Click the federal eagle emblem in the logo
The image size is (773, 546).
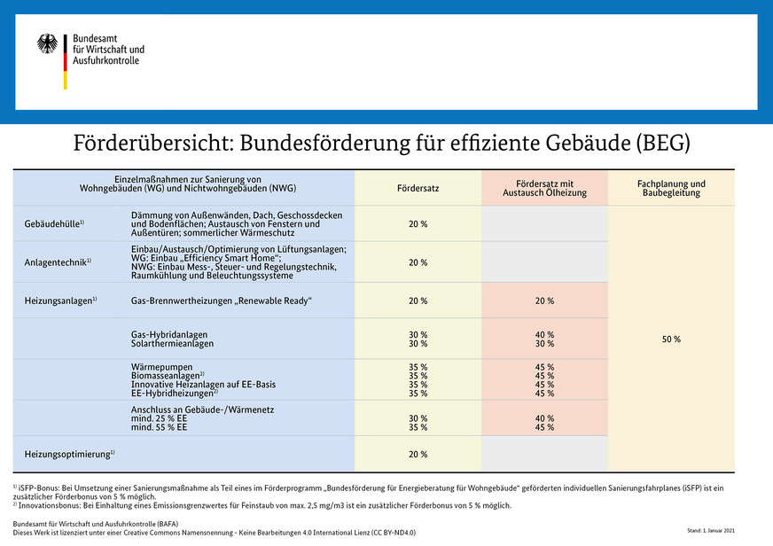(47, 44)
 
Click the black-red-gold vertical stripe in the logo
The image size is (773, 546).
(65, 61)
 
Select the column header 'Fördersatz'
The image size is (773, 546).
(418, 188)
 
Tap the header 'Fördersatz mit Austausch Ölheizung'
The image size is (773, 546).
(544, 188)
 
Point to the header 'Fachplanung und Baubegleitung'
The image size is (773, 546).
(671, 188)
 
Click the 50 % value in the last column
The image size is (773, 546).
(671, 339)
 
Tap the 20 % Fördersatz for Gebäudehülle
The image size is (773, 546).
(418, 224)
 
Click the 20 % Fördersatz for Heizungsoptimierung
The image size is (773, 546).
(418, 454)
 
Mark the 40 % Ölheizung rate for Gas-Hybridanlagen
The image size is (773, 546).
(544, 334)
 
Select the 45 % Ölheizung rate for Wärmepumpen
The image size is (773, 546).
(544, 367)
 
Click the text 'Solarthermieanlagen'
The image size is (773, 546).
(172, 343)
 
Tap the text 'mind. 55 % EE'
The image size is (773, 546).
(159, 427)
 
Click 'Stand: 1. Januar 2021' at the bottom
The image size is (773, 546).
(711, 530)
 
